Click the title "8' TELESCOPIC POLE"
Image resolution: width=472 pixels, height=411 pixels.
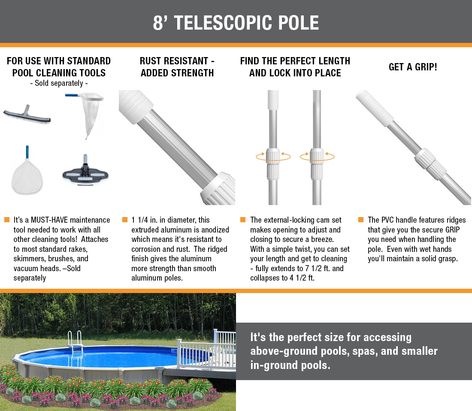pyautogui.click(x=236, y=23)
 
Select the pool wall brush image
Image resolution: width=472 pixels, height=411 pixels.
pyautogui.click(x=27, y=115)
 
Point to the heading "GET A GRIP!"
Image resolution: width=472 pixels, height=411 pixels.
pyautogui.click(x=413, y=67)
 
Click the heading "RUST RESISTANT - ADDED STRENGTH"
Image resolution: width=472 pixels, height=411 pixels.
pyautogui.click(x=177, y=67)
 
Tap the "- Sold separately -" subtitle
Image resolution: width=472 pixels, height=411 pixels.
pyautogui.click(x=59, y=83)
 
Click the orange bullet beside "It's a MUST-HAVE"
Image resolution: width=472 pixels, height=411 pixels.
pyautogui.click(x=7, y=220)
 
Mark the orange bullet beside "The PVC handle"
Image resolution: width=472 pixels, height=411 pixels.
pyautogui.click(x=361, y=220)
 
